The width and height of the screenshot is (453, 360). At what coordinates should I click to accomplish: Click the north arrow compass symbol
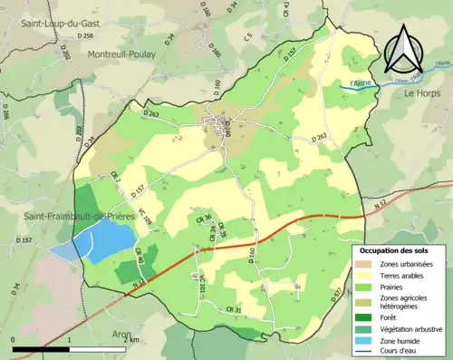point(407,50)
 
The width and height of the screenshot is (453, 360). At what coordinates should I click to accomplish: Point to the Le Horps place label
point(421,93)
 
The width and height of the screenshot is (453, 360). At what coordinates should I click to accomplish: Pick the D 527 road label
point(337,295)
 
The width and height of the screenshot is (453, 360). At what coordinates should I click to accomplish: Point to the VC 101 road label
point(202,292)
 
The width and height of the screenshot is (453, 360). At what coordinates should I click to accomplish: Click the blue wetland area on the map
point(100,240)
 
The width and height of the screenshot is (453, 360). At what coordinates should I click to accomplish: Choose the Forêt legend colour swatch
point(367,316)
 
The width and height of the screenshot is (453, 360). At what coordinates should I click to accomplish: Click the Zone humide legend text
point(404,340)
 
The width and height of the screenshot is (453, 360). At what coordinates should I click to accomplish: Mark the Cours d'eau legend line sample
point(367,352)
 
